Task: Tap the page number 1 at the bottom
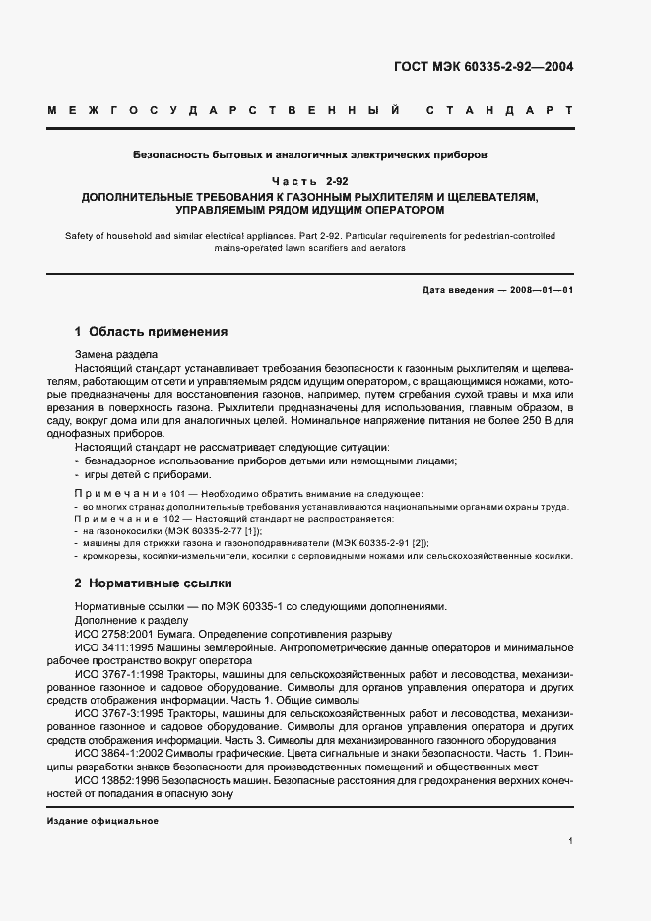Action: [x=571, y=840]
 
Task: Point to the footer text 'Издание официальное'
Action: [x=102, y=820]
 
